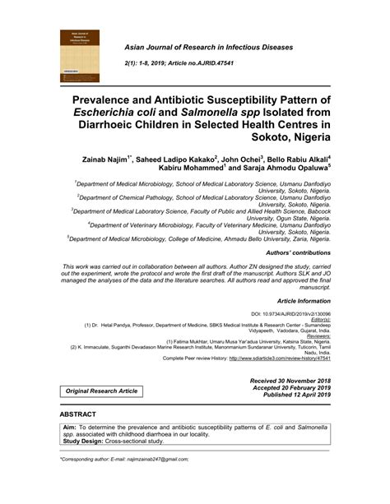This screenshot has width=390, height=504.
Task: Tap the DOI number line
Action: tap(292, 314)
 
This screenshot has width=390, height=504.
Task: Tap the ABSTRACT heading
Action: tap(83, 437)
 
